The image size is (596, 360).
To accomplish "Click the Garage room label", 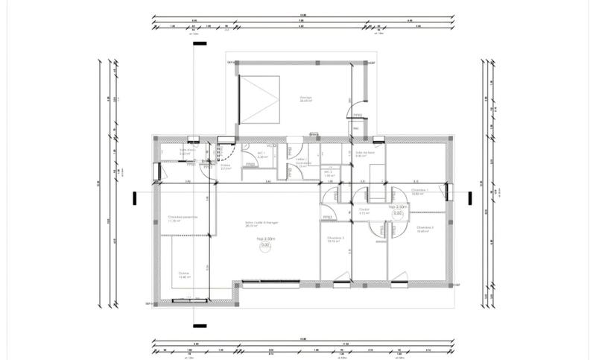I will (285, 98).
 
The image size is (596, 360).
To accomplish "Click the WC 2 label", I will (329, 173).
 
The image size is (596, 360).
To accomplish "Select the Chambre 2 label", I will (425, 230).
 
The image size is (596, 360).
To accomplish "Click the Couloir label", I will (364, 211).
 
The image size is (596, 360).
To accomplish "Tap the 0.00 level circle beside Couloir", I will (398, 213).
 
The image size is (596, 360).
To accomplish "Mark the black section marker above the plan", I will (199, 43).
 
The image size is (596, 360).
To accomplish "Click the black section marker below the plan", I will (199, 325).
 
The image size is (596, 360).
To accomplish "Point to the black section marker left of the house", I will (134, 198).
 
